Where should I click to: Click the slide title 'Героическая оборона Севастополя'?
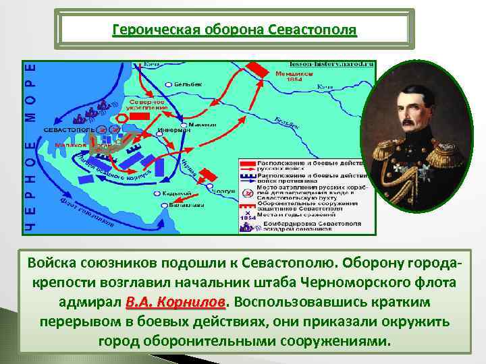(234, 31)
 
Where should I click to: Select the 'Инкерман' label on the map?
(169, 130)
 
